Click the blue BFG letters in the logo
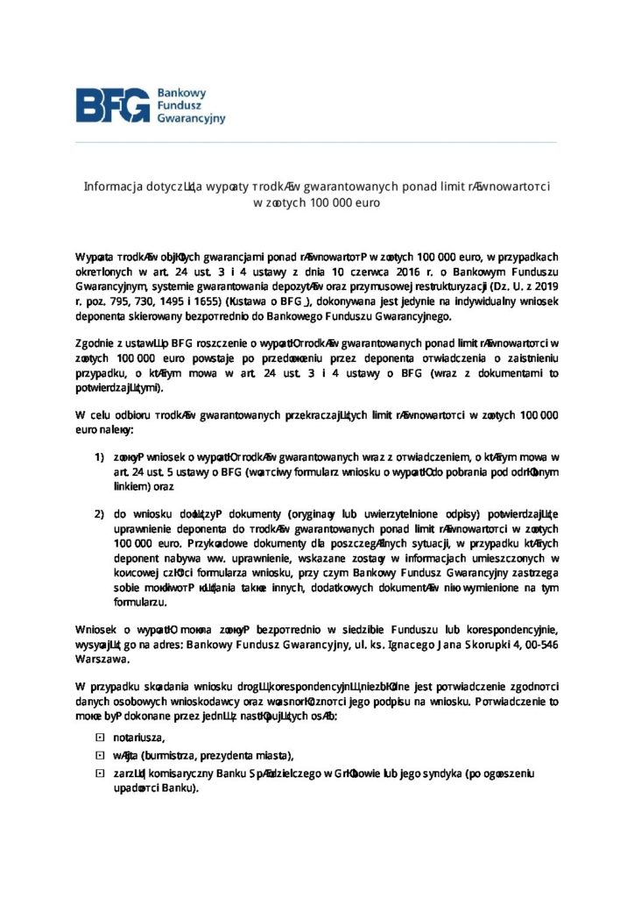point(112,106)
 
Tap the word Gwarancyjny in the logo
point(191,117)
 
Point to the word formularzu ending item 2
point(138,603)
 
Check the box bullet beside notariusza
point(99,737)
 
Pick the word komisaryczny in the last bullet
point(191,773)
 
